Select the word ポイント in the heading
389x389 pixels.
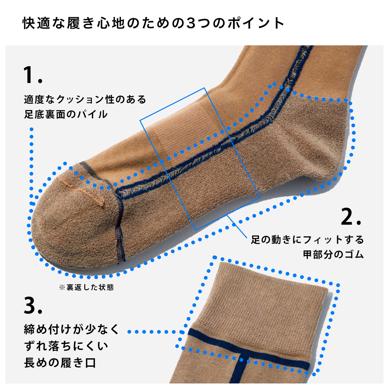tap(256, 23)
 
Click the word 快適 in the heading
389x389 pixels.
tap(36, 23)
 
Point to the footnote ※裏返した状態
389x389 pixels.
tap(86, 288)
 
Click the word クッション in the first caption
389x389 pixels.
tap(80, 100)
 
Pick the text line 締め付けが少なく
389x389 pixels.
tap(71, 329)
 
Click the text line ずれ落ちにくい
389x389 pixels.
tap(66, 346)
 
